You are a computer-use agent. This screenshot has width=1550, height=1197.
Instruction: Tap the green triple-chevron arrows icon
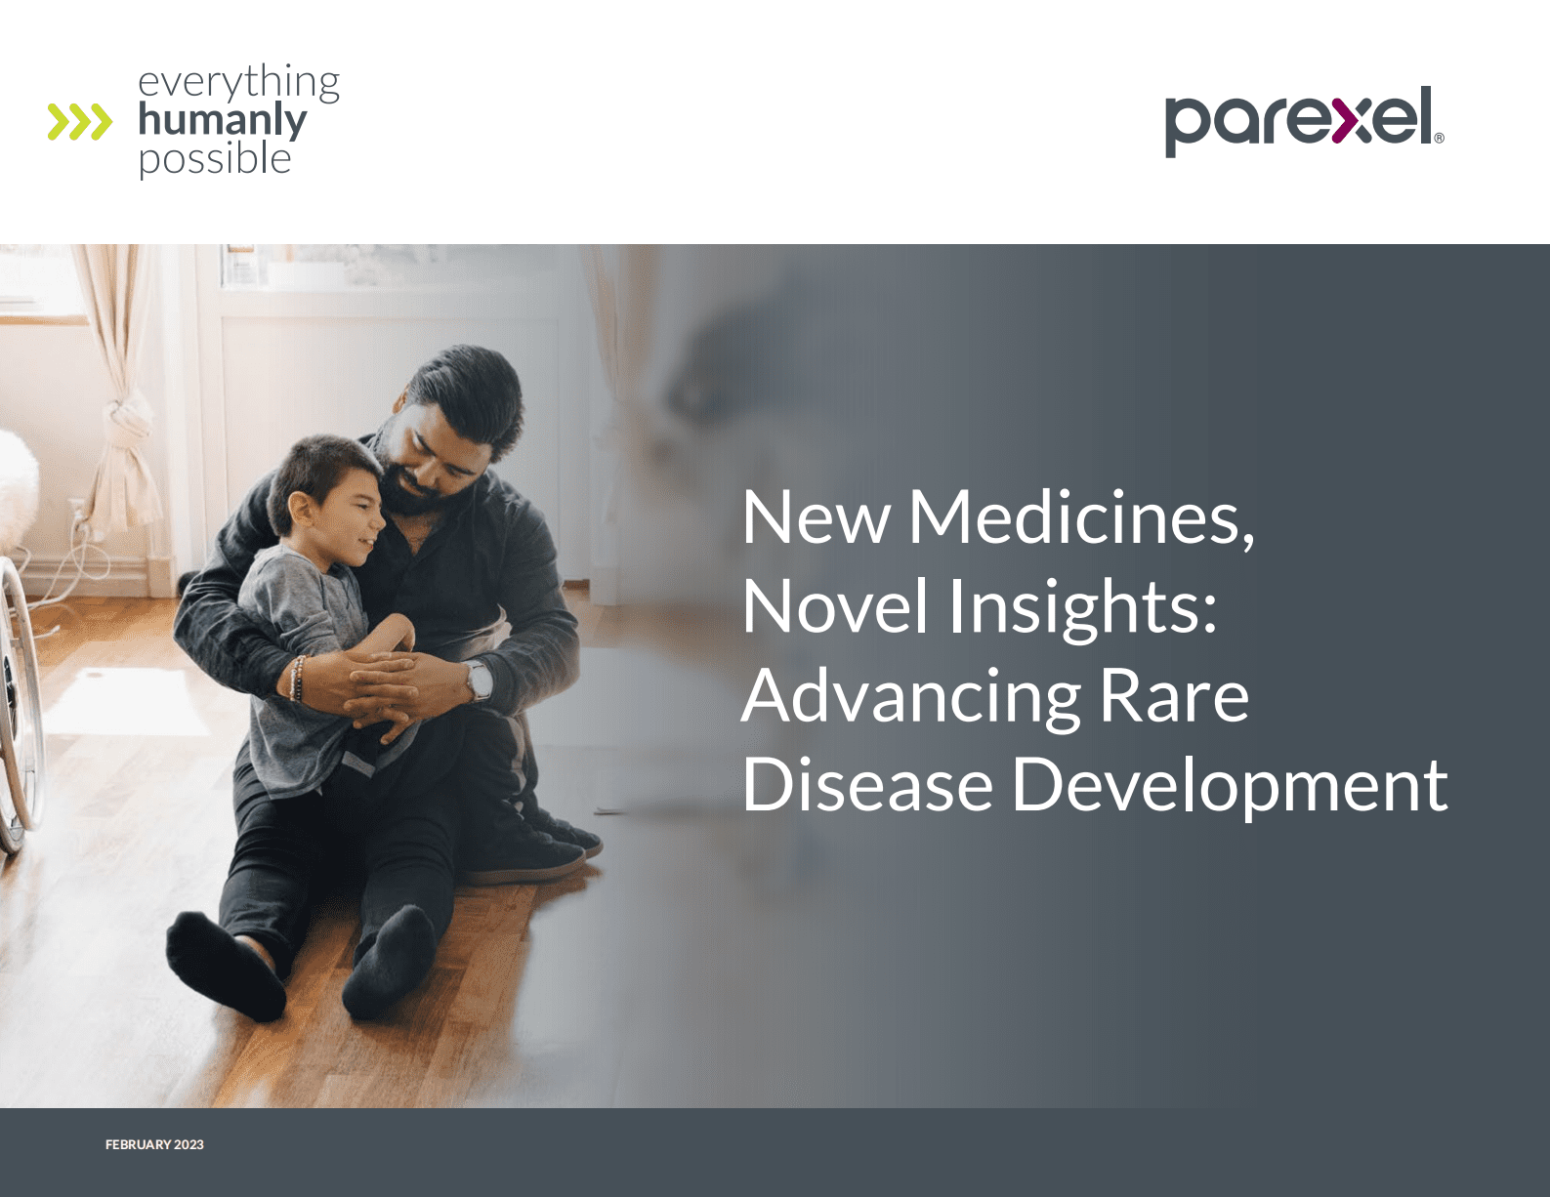coord(79,121)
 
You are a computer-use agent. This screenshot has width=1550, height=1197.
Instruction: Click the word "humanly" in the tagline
coord(223,120)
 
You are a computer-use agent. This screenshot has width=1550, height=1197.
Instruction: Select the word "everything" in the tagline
coord(238,82)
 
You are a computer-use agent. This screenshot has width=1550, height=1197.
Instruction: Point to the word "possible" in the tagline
coord(215,158)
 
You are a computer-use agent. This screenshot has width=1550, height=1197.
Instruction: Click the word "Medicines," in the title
coord(1081,517)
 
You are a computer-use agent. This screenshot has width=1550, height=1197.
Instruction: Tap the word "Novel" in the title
coord(834,606)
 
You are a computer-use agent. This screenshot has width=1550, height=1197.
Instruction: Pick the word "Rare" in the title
coord(1174,696)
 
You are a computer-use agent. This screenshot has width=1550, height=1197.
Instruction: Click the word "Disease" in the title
coord(867,785)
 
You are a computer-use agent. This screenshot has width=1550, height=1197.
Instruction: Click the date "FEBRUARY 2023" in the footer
coord(154,1144)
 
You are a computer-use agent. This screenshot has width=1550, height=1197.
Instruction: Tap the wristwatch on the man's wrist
coord(479,681)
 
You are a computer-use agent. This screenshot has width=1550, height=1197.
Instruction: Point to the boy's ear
coord(300,508)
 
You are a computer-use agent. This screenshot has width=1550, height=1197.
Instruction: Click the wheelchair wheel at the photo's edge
coord(18,703)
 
